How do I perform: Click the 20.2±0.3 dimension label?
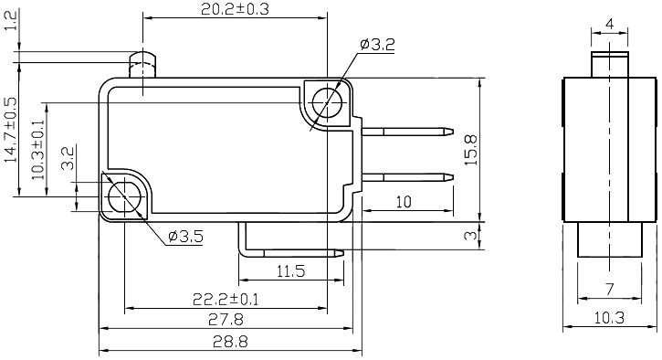pos(233,10)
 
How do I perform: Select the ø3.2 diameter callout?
pos(377,43)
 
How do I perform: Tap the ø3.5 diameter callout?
pos(185,237)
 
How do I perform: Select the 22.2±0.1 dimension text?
pos(226,299)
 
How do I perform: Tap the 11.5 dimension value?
pos(289,271)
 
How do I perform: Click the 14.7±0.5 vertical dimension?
pos(11,130)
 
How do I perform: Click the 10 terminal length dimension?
pos(402,201)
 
